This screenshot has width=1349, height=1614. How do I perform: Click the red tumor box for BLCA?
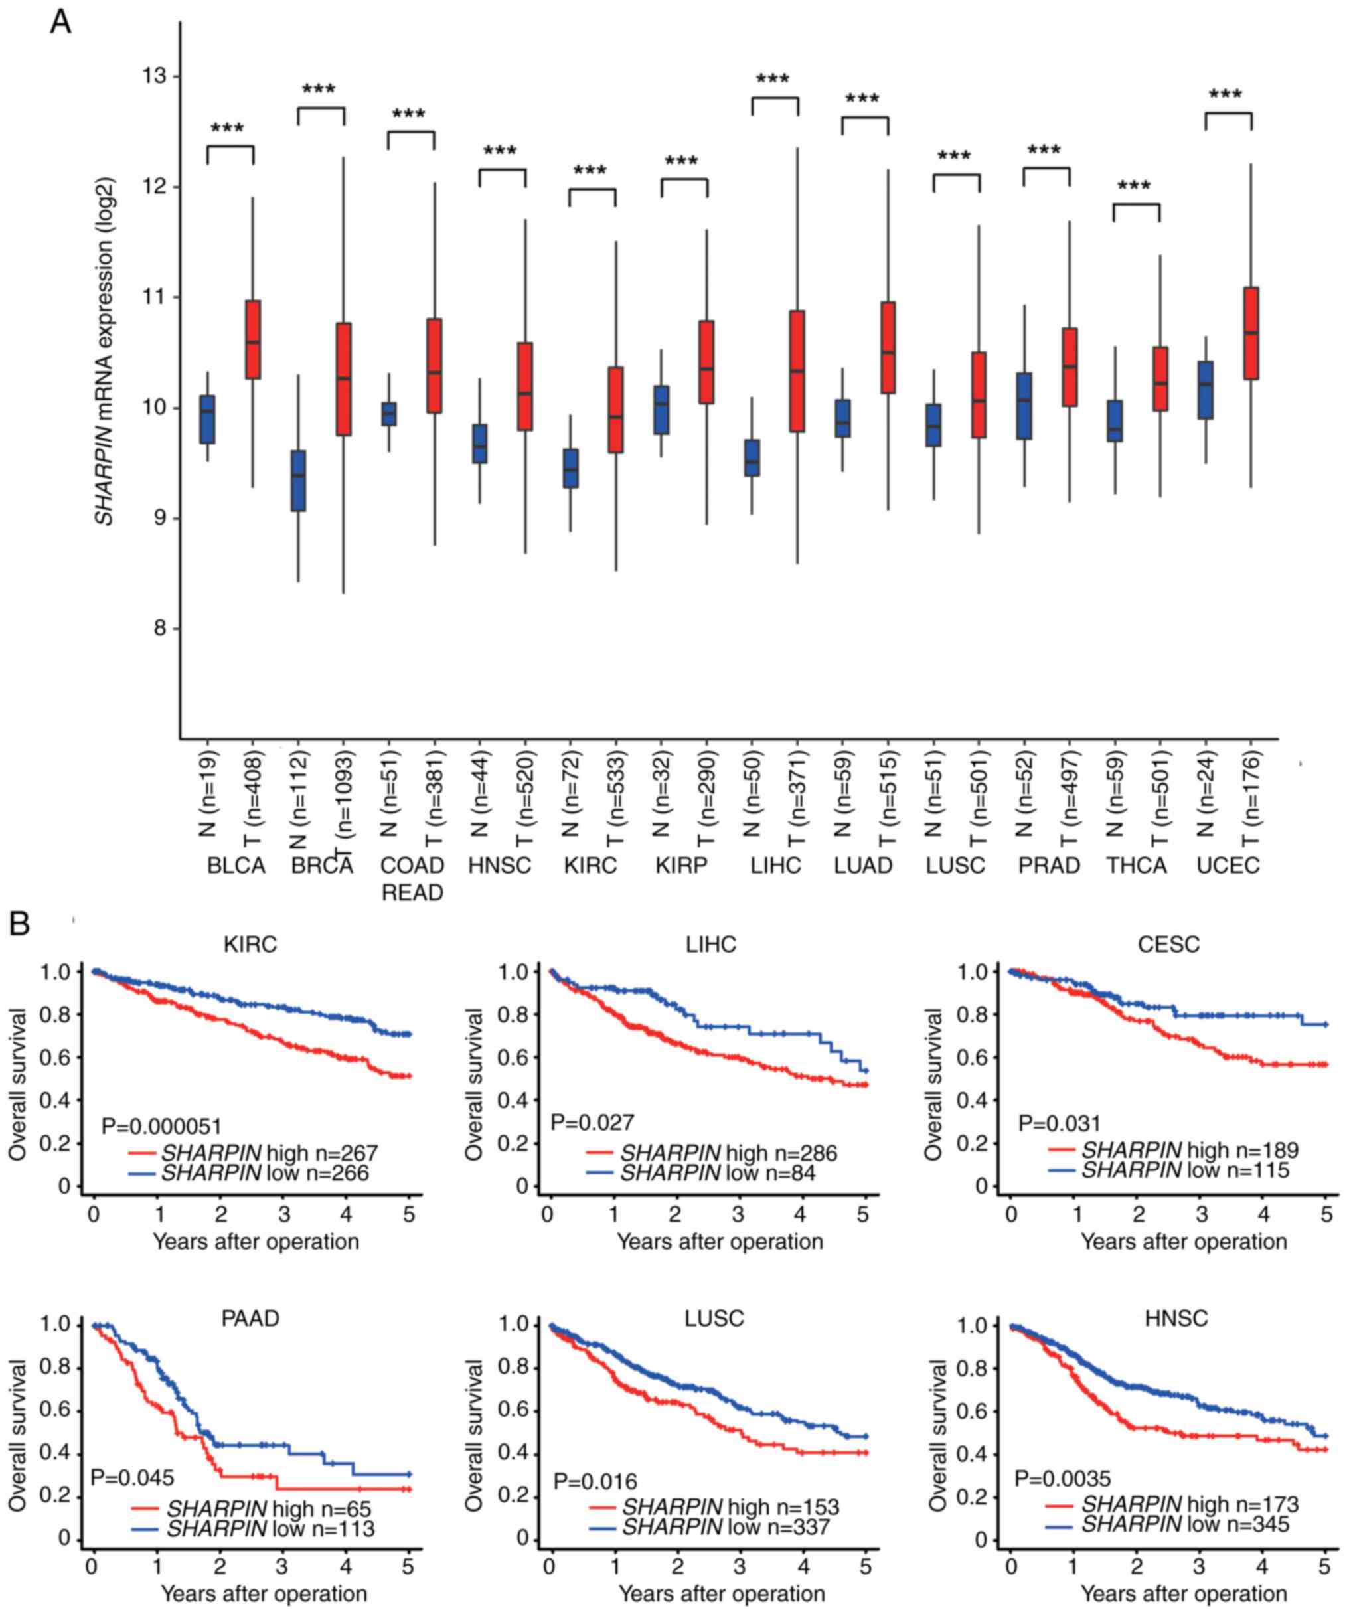253,340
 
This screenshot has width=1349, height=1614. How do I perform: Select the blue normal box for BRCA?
298,481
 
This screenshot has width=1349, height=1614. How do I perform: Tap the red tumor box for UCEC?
1251,333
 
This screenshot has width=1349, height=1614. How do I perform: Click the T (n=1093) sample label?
344,800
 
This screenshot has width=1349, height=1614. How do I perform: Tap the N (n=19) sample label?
208,791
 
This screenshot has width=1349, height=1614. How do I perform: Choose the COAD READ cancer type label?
413,878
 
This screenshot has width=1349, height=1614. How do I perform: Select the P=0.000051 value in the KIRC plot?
161,1127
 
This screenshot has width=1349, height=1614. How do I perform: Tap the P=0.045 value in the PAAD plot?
132,1477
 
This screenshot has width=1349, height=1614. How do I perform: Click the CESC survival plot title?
1168,945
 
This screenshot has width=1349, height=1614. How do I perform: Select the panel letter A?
59,23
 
